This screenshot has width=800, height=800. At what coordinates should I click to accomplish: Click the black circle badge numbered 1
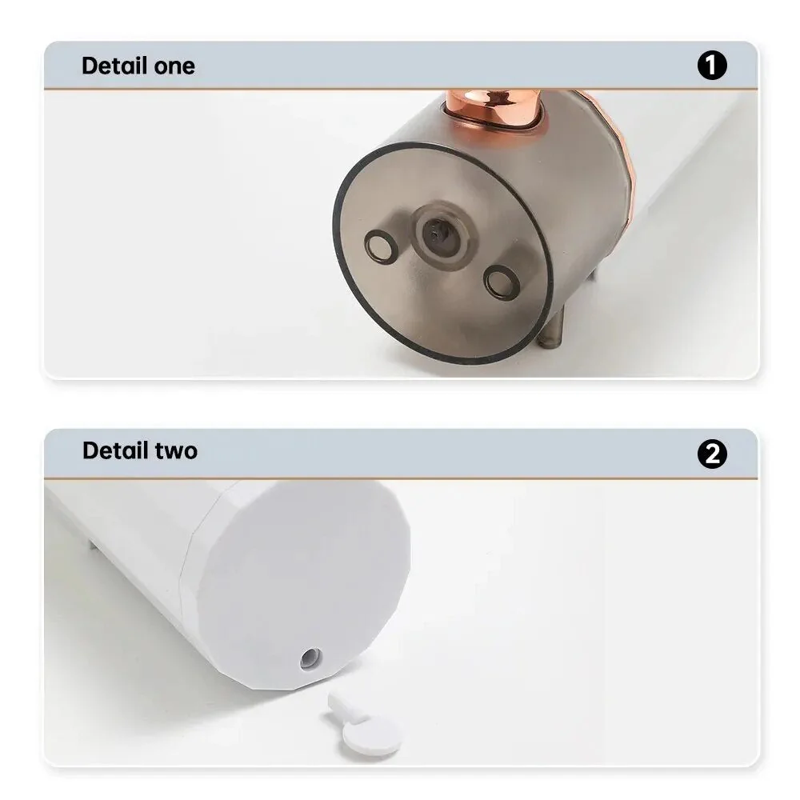(x=712, y=66)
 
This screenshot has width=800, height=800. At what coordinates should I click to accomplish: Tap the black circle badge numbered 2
(x=712, y=454)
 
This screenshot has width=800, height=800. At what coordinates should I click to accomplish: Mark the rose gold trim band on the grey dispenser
(x=621, y=144)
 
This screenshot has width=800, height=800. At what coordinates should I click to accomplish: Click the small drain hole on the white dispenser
(x=310, y=658)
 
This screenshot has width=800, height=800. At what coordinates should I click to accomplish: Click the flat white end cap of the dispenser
(x=304, y=576)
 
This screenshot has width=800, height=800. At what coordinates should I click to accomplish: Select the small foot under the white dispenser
(x=93, y=546)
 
